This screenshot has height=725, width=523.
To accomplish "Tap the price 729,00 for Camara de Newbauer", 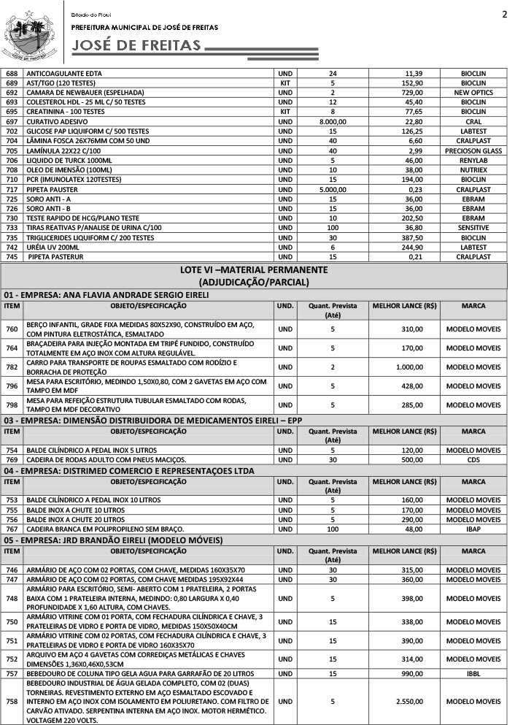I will pos(408,93).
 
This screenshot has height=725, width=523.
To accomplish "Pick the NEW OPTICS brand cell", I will pos(473,93).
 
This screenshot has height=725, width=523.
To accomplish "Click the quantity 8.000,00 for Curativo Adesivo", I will pos(332,121).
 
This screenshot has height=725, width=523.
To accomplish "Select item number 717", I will pos(12,189).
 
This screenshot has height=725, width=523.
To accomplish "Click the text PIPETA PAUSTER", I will pos(52,189).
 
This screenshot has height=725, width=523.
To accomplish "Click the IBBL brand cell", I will pos(473,672).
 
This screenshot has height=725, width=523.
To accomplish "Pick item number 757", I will pos(12,672).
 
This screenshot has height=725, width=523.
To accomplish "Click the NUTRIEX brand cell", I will pos(473,169).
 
